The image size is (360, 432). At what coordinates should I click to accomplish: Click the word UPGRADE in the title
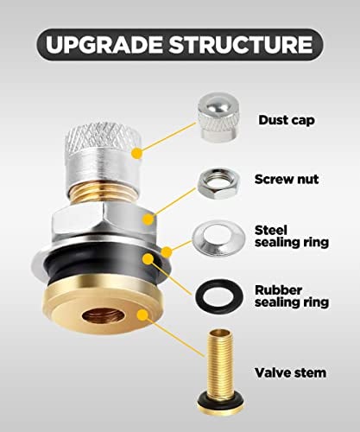pyautogui.click(x=104, y=45)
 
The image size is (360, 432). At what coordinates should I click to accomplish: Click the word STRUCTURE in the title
pyautogui.click(x=241, y=45)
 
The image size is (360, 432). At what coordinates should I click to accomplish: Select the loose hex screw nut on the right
pyautogui.click(x=218, y=182)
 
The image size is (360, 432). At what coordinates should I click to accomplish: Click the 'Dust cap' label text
pyautogui.click(x=287, y=120)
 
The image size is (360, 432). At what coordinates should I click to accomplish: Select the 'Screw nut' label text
pyautogui.click(x=287, y=179)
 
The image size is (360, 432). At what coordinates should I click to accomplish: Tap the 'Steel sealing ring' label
pyautogui.click(x=292, y=236)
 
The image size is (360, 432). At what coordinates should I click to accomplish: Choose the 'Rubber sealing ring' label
pyautogui.click(x=292, y=296)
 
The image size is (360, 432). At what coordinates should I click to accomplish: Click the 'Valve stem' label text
pyautogui.click(x=291, y=372)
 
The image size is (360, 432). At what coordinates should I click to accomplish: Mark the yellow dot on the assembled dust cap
pyautogui.click(x=137, y=153)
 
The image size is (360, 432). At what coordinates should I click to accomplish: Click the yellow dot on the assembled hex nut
pyautogui.click(x=148, y=219)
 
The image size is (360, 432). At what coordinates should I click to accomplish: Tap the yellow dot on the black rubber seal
pyautogui.click(x=148, y=259)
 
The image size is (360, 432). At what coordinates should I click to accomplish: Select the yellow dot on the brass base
pyautogui.click(x=142, y=314)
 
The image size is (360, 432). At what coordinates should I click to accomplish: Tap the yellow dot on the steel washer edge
pyautogui.click(x=167, y=252)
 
